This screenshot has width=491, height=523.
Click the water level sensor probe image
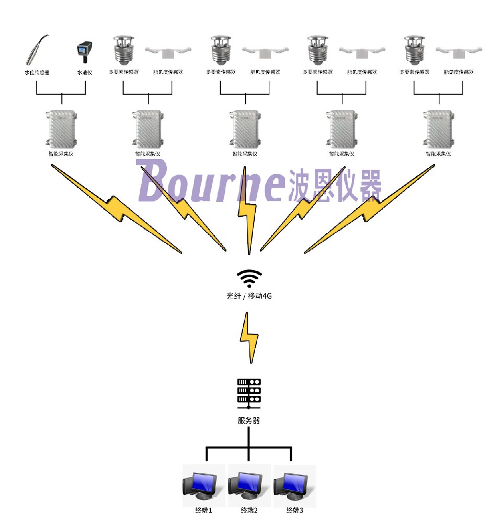[x=37, y=49]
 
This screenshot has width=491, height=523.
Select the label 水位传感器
[x=37, y=73]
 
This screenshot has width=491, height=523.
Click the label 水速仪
[x=84, y=73]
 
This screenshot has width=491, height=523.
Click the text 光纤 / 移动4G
[x=249, y=296]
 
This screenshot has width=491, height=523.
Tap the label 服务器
[x=249, y=420]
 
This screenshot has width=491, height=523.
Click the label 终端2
[x=249, y=510]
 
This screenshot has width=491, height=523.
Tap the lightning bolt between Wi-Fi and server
[x=249, y=338]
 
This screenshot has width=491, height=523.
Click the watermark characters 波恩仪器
[x=335, y=186]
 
